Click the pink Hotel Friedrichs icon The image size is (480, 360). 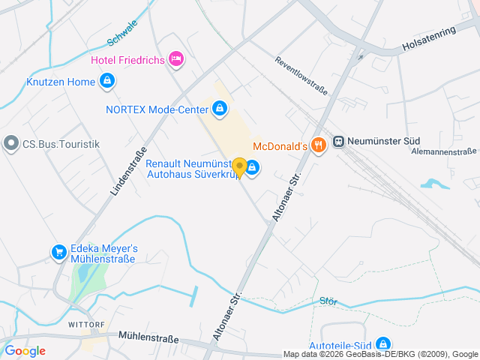point(176,58)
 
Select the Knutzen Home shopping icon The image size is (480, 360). point(107,80)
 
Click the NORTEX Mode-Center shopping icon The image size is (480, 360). point(219,109)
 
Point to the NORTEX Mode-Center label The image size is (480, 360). point(157,109)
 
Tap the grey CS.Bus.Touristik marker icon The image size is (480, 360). point(11,143)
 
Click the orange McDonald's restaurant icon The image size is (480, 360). point(319,144)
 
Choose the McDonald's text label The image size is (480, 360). point(281,145)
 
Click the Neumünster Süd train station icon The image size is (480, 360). point(339,141)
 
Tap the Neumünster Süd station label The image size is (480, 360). point(384,141)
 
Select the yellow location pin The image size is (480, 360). point(239,167)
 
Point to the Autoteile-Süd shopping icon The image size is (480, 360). point(382,343)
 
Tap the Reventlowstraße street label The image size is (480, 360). point(301,76)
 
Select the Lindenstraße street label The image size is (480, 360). point(127,170)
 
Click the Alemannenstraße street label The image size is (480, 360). point(445,151)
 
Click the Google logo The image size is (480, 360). point(25,350)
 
